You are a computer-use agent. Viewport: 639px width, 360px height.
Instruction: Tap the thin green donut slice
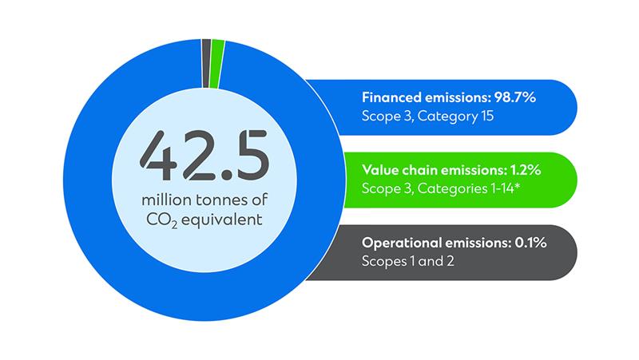[x=218, y=64]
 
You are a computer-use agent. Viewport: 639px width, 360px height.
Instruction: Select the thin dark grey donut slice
[x=206, y=63]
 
